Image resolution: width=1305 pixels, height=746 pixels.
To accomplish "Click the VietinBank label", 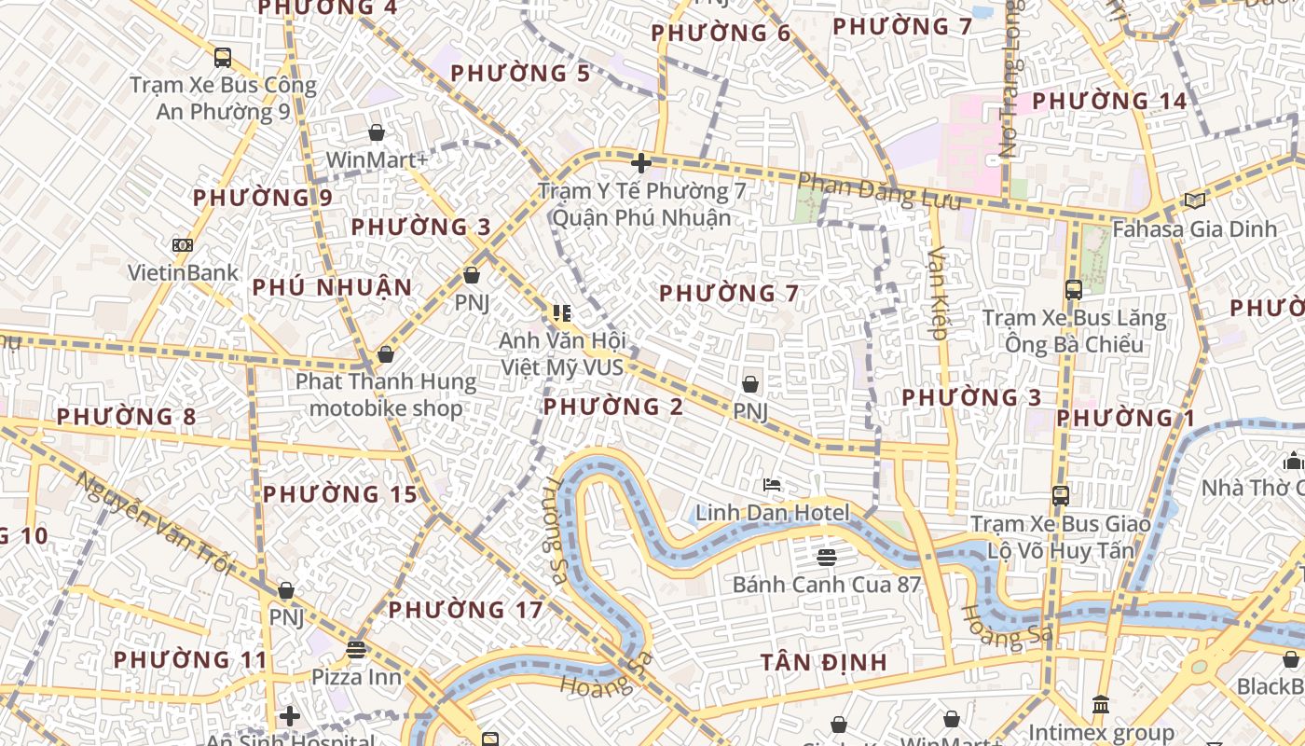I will (x=183, y=273).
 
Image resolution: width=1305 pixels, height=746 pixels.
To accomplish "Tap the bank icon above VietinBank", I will (x=183, y=245).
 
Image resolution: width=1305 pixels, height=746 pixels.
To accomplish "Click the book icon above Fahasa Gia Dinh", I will (x=1195, y=200).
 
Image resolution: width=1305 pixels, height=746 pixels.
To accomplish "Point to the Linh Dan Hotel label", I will (x=772, y=513).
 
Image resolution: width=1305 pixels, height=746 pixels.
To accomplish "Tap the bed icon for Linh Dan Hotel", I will (x=772, y=485).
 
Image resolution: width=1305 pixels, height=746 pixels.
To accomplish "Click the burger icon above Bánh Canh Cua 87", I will (x=826, y=558).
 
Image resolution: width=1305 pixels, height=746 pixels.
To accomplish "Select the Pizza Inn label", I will (x=356, y=676).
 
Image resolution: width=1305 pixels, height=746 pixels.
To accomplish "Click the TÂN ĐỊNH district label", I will (x=823, y=663).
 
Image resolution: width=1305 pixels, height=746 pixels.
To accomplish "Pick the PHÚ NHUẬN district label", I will (x=332, y=287).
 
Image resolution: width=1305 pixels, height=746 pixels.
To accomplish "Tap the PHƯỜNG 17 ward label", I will (x=465, y=611).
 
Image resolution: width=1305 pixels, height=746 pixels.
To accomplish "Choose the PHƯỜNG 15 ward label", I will (x=339, y=494).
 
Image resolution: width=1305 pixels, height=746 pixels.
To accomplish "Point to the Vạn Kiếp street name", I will (x=938, y=292).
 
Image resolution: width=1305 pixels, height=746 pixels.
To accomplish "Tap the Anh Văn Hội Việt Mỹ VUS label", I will (x=562, y=353).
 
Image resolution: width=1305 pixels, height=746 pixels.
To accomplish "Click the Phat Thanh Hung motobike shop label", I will (x=386, y=394).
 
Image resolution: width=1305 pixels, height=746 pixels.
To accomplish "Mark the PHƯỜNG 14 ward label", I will (x=1109, y=101).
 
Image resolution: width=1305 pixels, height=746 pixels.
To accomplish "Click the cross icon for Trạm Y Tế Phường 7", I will (x=640, y=164).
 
